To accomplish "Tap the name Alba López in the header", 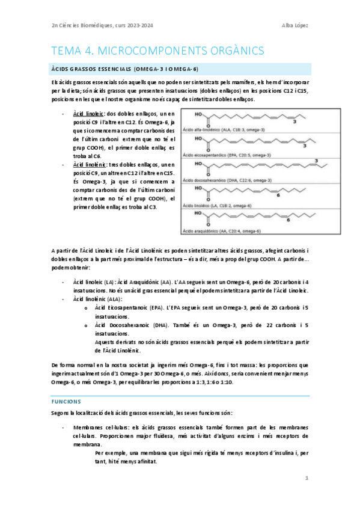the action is coord(296,25).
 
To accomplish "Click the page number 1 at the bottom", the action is coord(307,478).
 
